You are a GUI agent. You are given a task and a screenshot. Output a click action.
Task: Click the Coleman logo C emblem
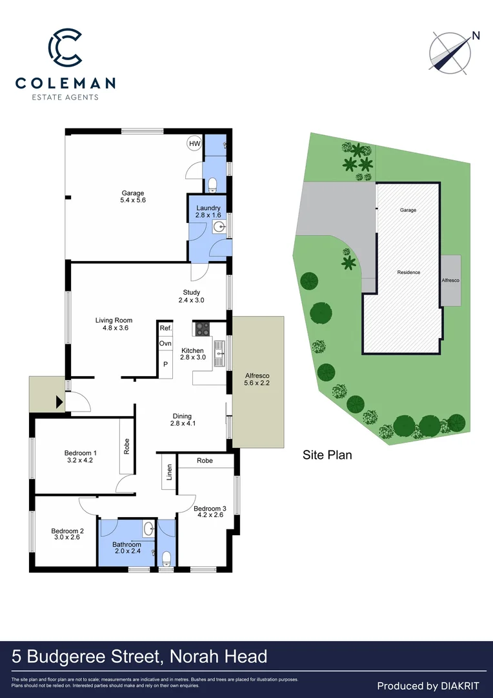point(65,46)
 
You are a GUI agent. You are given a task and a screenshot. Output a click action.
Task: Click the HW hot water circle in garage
point(194,143)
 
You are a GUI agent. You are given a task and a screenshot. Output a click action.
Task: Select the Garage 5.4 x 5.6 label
point(133,196)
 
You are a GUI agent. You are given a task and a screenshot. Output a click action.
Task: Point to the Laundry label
point(208,208)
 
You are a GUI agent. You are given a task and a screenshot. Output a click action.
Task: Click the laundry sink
point(219,227)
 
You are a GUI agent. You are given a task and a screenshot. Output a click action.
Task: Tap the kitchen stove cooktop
point(203,328)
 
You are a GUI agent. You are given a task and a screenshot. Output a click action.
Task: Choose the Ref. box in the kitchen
point(166,328)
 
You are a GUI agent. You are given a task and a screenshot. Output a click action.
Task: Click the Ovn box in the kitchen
point(166,343)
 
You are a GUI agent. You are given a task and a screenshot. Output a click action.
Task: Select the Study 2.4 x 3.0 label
point(191,296)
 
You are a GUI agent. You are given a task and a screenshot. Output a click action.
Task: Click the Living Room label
point(114,324)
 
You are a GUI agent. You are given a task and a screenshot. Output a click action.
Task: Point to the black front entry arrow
point(60,402)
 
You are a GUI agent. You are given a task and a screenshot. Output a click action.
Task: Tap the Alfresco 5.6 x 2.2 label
point(257,379)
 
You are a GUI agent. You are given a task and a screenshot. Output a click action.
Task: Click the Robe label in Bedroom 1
point(126,447)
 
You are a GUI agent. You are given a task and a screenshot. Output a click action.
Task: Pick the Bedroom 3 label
point(210,512)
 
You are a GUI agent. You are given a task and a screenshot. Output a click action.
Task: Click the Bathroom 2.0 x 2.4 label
point(126,549)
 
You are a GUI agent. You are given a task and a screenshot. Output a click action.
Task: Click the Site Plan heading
point(327,455)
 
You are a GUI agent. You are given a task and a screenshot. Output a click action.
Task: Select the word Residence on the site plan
point(408,272)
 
